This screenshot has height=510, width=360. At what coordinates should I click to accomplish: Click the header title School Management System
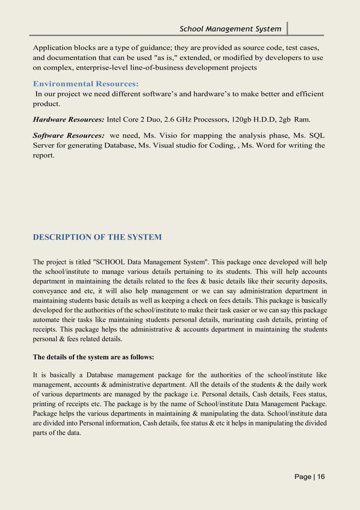[x=230, y=29]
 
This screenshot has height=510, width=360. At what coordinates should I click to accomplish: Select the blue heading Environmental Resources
[x=85, y=84]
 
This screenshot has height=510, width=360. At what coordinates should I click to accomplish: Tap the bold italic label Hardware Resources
[x=68, y=120]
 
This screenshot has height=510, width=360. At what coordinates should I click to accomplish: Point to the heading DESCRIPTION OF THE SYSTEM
[x=97, y=237]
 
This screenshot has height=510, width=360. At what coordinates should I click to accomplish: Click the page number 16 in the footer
[x=321, y=477]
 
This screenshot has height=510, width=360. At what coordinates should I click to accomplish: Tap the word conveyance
[x=50, y=291]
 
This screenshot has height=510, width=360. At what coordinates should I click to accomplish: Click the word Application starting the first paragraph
[x=55, y=47]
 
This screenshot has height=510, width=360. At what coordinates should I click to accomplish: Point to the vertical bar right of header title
[x=287, y=28]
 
